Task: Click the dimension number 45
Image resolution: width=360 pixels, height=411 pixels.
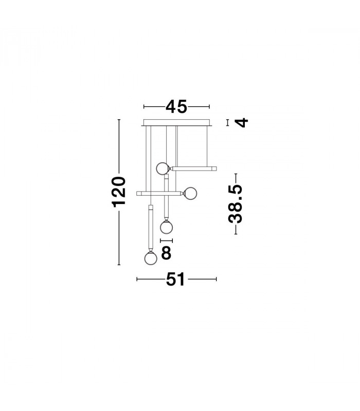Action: [176, 106]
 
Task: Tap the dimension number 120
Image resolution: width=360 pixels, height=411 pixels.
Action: [119, 192]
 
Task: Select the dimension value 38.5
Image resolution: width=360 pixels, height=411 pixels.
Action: [236, 204]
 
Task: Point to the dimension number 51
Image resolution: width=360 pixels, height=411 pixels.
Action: [175, 279]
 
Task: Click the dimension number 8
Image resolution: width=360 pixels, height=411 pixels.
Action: [166, 253]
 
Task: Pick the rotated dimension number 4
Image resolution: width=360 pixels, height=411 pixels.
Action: [241, 122]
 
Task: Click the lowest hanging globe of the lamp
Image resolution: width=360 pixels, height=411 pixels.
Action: [151, 258]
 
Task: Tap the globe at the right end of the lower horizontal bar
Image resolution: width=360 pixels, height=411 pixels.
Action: [190, 194]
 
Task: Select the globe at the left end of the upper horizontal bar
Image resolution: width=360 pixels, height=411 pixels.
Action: [163, 169]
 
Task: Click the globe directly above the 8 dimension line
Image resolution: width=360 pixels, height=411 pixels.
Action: [166, 227]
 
